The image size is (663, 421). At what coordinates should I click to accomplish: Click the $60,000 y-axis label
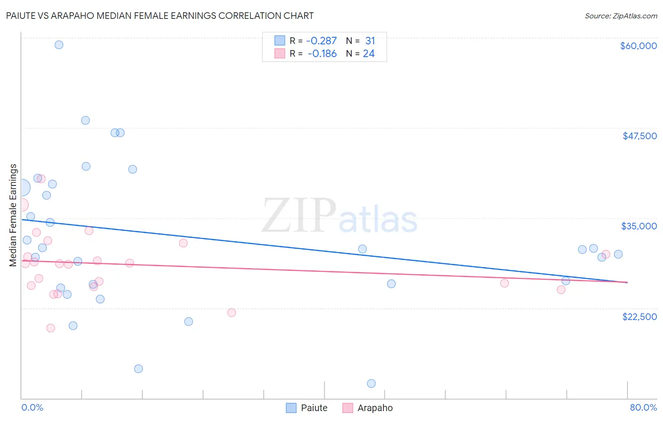tap(638, 46)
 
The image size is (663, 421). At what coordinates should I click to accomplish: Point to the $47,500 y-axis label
tap(639, 136)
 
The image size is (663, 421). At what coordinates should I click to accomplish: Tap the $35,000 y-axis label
tap(638, 226)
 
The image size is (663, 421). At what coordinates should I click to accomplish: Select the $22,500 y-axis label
tap(639, 317)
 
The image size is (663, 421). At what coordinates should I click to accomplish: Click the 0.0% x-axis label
tap(32, 407)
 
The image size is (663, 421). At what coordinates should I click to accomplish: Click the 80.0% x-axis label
tap(643, 407)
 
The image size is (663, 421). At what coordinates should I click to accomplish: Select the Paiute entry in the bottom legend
tap(307, 408)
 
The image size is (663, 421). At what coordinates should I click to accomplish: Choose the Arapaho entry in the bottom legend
tap(367, 408)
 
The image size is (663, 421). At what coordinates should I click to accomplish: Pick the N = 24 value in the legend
tap(360, 54)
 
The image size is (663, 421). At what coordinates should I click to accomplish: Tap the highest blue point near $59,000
tap(59, 45)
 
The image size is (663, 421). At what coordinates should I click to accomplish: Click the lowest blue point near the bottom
tap(371, 383)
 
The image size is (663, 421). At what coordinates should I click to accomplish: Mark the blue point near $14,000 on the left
tap(138, 369)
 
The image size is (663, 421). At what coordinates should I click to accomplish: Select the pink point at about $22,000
tap(232, 312)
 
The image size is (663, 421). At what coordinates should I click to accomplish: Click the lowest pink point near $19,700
tap(50, 328)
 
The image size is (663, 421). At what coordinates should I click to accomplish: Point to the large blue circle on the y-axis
tap(22, 187)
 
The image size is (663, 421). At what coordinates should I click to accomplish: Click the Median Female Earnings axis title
tap(13, 215)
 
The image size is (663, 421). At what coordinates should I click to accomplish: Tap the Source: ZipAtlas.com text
tap(621, 16)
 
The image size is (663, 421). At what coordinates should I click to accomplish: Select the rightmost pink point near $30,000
tap(606, 254)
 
